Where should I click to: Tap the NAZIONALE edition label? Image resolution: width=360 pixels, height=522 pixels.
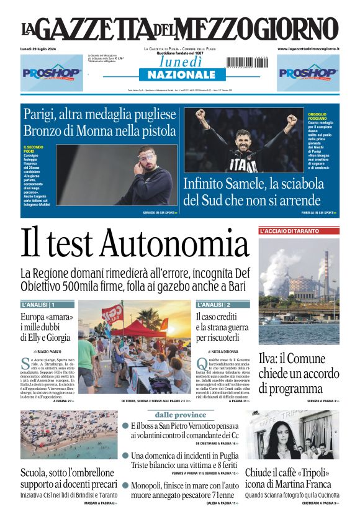coord(178,75)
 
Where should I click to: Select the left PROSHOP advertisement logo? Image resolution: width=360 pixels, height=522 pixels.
coord(52,73)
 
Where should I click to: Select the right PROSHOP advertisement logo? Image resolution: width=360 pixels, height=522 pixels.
coord(308,73)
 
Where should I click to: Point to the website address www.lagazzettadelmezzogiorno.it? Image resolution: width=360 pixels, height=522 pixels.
coord(308,48)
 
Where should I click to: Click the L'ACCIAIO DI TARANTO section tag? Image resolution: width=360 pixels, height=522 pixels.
coord(289,231)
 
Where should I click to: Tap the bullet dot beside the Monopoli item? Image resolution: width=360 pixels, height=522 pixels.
coord(125,486)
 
